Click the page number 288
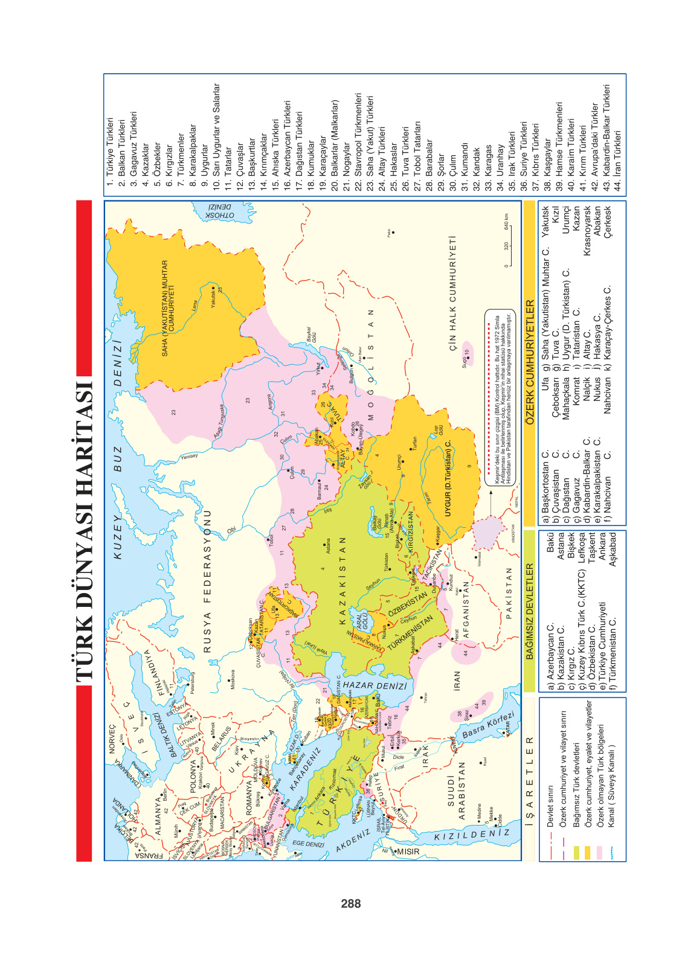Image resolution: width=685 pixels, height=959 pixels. [350, 903]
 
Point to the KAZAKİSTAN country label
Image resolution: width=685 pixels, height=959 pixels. [343, 580]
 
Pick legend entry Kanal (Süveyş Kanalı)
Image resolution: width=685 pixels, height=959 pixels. [612, 786]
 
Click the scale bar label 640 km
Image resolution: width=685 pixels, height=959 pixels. [506, 222]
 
